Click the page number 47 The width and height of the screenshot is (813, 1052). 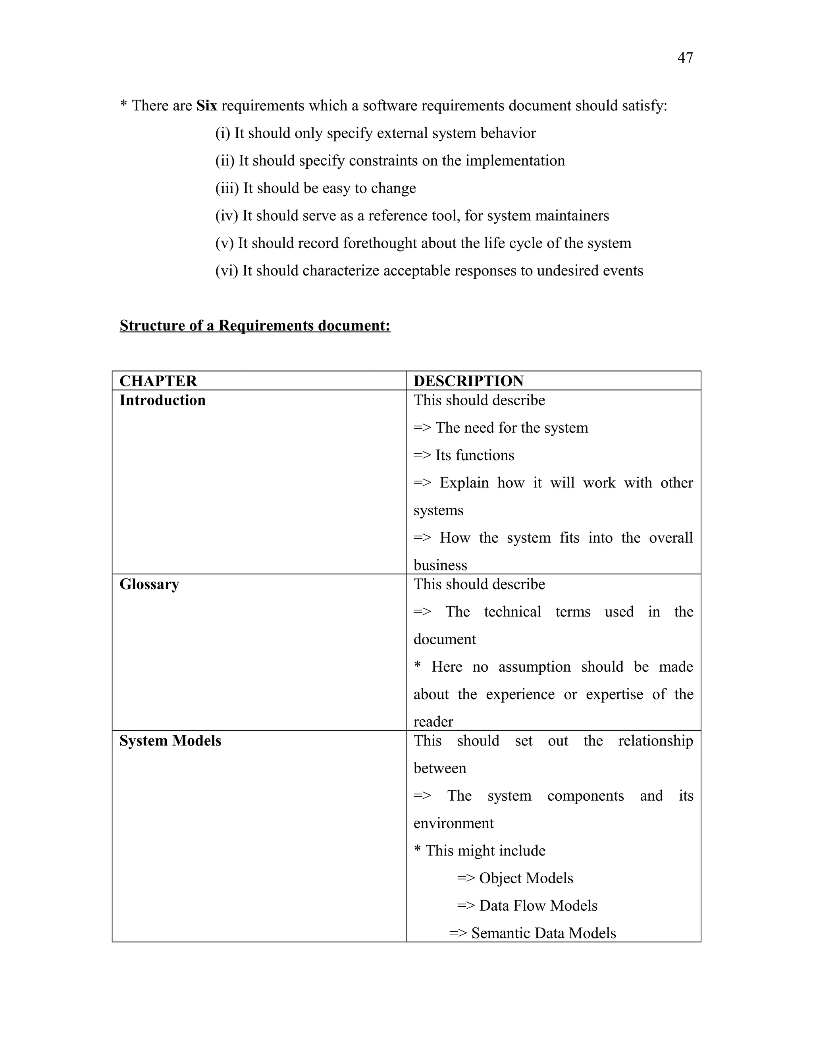point(685,58)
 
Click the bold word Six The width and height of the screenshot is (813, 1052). point(206,106)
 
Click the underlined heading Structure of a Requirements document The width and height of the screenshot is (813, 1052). point(255,326)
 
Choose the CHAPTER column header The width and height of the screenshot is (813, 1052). point(158,381)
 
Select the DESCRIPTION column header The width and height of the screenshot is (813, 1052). point(468,381)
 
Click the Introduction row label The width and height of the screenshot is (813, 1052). point(162,400)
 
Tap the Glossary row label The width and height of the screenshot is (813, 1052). point(149,584)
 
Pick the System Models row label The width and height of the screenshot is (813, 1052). point(170,741)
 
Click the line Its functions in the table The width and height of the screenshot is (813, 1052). point(474,455)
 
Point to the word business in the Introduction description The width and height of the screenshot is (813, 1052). point(440,565)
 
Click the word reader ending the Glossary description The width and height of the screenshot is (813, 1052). point(433,722)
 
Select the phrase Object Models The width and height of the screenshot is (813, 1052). point(526,878)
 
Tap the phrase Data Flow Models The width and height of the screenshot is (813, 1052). point(538,906)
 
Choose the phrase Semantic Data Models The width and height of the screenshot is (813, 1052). point(543,933)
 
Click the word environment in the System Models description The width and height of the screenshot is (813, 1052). point(453,823)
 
